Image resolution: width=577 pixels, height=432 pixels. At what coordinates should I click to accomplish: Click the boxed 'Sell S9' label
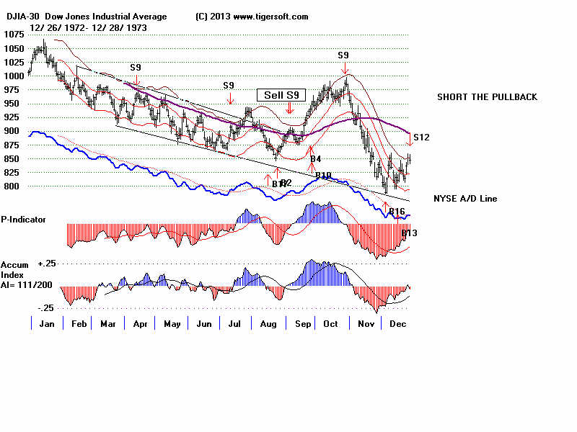click(282, 94)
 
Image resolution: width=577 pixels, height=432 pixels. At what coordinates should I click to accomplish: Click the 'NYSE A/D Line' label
click(465, 199)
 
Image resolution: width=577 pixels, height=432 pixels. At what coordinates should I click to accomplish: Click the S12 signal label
click(422, 137)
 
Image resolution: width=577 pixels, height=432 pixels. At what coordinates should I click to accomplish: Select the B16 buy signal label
click(397, 211)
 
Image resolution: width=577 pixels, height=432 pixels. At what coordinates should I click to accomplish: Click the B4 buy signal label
click(315, 158)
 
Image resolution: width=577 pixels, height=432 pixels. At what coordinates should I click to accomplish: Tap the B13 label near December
click(409, 233)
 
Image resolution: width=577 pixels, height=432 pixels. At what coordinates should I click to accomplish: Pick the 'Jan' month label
click(45, 324)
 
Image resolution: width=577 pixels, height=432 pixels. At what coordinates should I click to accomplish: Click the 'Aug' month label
click(268, 324)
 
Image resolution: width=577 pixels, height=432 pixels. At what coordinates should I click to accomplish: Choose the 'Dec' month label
click(395, 324)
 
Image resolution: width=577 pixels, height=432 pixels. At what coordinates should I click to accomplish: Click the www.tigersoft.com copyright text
click(252, 17)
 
